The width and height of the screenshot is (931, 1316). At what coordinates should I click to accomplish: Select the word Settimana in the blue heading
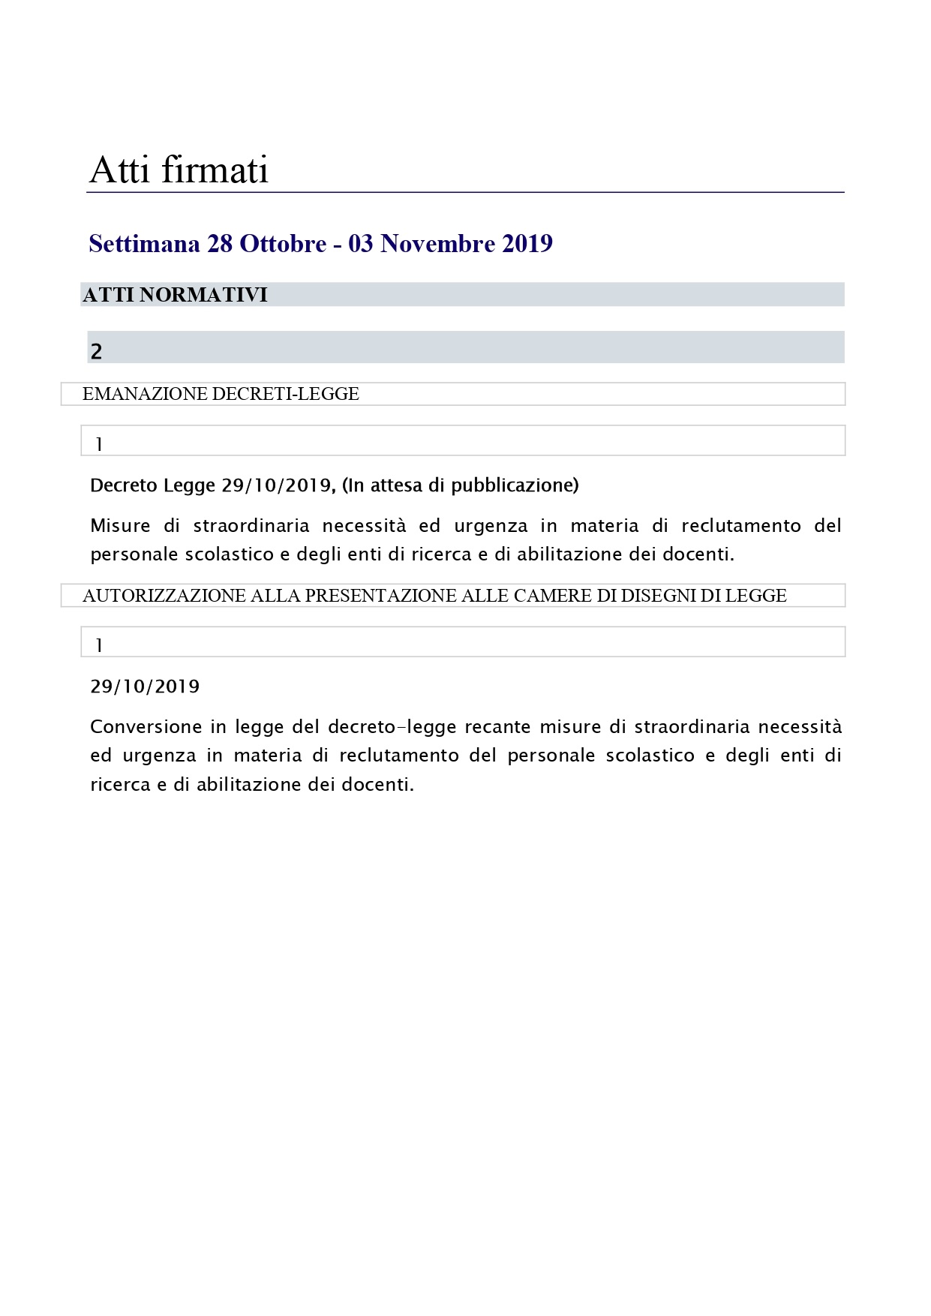(x=144, y=244)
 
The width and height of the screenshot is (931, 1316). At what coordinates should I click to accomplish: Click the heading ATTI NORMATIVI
(x=175, y=295)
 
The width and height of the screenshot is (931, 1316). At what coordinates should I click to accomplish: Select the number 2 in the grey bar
(x=96, y=351)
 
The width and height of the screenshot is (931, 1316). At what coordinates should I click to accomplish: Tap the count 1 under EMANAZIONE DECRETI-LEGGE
(x=98, y=445)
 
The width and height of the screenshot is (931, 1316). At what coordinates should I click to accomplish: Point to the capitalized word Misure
(x=120, y=525)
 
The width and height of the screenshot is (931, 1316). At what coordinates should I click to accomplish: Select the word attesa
(x=397, y=485)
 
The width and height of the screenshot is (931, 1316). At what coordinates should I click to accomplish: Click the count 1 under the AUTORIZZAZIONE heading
(x=98, y=646)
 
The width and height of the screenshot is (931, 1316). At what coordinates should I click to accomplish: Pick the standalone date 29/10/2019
(x=145, y=687)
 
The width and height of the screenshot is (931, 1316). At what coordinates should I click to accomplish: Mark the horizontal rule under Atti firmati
(x=465, y=193)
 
